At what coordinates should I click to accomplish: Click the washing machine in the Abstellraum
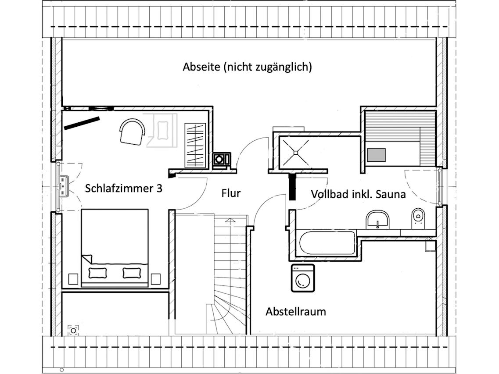(x=303, y=278)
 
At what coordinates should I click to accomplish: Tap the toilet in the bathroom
(x=418, y=218)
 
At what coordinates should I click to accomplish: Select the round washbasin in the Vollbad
(x=377, y=219)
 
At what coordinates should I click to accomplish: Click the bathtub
(x=327, y=242)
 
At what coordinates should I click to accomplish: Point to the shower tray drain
(x=295, y=153)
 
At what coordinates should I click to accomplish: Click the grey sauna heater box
(x=376, y=155)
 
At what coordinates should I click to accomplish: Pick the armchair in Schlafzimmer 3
(x=132, y=132)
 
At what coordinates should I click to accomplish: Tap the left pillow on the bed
(x=98, y=273)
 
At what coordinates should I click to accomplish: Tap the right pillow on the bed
(x=132, y=273)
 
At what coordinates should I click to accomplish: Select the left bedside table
(x=73, y=279)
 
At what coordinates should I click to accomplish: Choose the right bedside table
(x=156, y=279)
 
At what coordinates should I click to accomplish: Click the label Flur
(x=231, y=193)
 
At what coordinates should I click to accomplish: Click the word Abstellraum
(x=296, y=311)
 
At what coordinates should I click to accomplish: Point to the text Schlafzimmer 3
(x=123, y=188)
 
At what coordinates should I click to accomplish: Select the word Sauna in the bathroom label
(x=391, y=194)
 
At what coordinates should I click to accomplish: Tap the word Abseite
(x=201, y=67)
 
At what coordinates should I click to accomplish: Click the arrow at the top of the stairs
(x=230, y=220)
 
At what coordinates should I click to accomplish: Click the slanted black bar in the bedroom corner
(x=82, y=123)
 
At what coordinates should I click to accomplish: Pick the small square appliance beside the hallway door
(x=219, y=159)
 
